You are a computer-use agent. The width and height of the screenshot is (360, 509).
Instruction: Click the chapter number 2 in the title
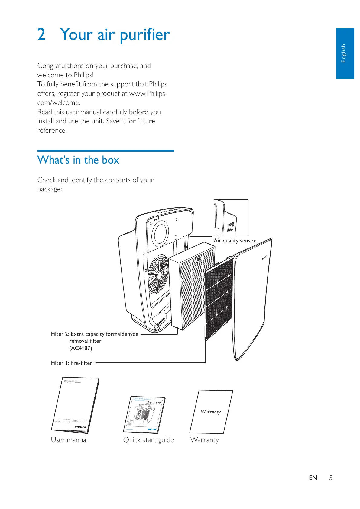(x=41, y=34)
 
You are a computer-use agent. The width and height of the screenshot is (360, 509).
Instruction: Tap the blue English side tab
(x=345, y=53)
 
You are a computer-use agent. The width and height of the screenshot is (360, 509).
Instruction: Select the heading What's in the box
(x=78, y=160)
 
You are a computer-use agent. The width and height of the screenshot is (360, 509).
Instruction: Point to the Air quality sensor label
(x=235, y=241)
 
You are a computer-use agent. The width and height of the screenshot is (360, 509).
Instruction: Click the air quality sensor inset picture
(x=231, y=218)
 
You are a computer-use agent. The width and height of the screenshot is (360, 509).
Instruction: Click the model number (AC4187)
(x=81, y=348)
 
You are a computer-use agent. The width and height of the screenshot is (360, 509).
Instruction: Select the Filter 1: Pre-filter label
(x=72, y=363)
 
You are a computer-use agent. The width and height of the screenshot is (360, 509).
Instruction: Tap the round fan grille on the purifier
(x=158, y=274)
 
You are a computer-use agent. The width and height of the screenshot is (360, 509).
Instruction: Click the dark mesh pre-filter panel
(x=219, y=299)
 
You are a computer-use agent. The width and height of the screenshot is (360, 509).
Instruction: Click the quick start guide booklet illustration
(x=144, y=414)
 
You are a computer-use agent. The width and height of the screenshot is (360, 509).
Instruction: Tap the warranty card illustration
(x=211, y=412)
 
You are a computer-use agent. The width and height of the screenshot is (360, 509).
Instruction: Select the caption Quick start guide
(x=148, y=440)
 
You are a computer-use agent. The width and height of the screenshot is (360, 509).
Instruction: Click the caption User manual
(x=69, y=440)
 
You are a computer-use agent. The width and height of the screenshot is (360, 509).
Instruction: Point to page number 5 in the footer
(x=331, y=478)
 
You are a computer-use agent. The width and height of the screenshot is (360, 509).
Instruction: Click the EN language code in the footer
(x=313, y=478)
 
